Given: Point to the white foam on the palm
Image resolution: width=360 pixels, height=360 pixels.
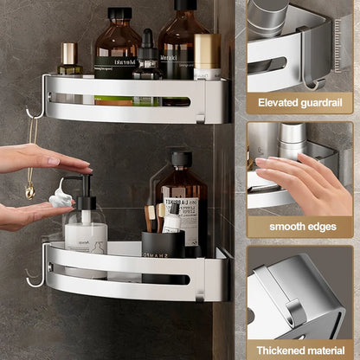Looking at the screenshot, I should (61, 198).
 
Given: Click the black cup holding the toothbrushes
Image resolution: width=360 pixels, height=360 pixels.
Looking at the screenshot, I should (164, 245).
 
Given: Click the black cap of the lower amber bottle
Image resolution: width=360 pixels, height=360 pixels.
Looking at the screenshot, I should (182, 159).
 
